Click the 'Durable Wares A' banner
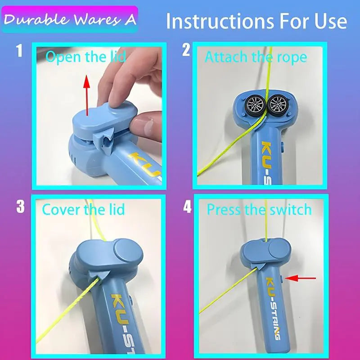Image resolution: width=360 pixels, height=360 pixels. pyautogui.click(x=70, y=19)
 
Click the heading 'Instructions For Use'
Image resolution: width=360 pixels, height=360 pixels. pyautogui.click(x=256, y=21)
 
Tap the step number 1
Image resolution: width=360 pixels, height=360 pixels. pyautogui.click(x=19, y=51)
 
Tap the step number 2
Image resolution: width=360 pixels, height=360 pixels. pyautogui.click(x=186, y=50)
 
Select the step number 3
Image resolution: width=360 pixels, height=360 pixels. pyautogui.click(x=20, y=207)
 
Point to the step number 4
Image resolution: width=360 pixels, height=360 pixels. pyautogui.click(x=187, y=207)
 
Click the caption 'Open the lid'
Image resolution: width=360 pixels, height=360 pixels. pyautogui.click(x=85, y=57)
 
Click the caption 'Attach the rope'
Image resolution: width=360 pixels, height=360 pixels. pyautogui.click(x=256, y=57)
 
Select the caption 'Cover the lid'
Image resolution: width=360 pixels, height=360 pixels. pyautogui.click(x=83, y=209)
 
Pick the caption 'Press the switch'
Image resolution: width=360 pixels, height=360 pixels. pyautogui.click(x=260, y=209)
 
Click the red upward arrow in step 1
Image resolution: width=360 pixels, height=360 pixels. pyautogui.click(x=86, y=95)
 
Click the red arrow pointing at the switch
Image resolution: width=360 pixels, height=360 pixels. pyautogui.click(x=300, y=278)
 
